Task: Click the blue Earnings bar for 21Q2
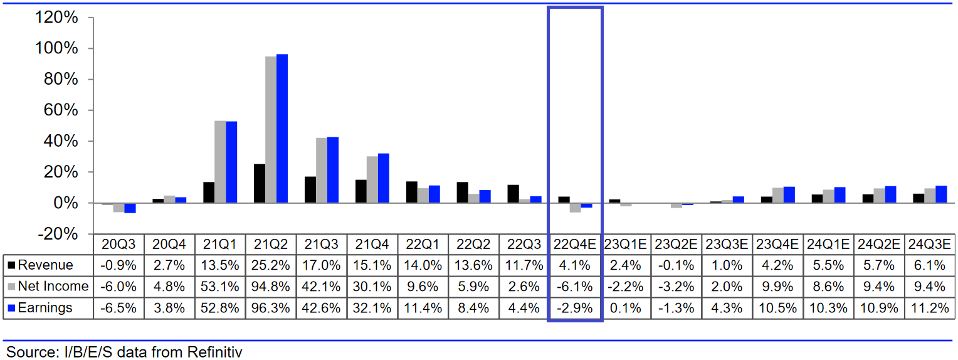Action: [x=282, y=129]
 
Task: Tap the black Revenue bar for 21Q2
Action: [x=259, y=183]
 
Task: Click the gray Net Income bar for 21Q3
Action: [x=322, y=170]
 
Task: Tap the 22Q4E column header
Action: [x=575, y=244]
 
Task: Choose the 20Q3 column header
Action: [x=118, y=244]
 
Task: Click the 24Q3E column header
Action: [x=929, y=244]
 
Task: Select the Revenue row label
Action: [x=45, y=265]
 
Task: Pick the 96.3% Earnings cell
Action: [x=271, y=308]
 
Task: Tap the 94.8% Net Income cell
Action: [x=271, y=287]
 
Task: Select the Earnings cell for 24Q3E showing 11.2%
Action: [x=929, y=308]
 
